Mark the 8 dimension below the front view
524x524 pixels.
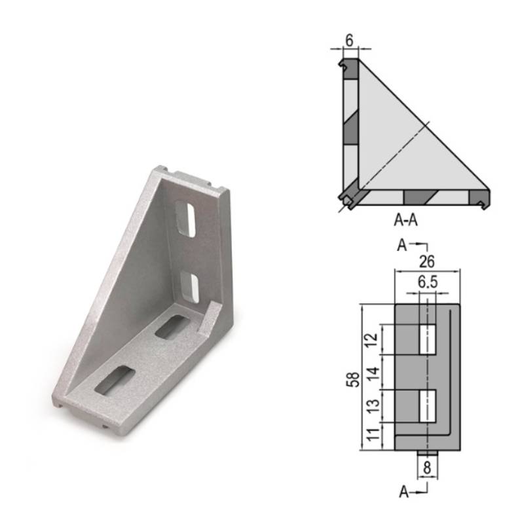[427, 468]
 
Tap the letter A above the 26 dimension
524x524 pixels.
[402, 245]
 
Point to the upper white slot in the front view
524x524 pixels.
[427, 339]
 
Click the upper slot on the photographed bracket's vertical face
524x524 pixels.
[187, 219]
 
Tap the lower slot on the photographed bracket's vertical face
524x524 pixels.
[191, 286]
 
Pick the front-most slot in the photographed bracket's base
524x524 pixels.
[115, 380]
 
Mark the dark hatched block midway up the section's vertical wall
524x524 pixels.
[350, 126]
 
